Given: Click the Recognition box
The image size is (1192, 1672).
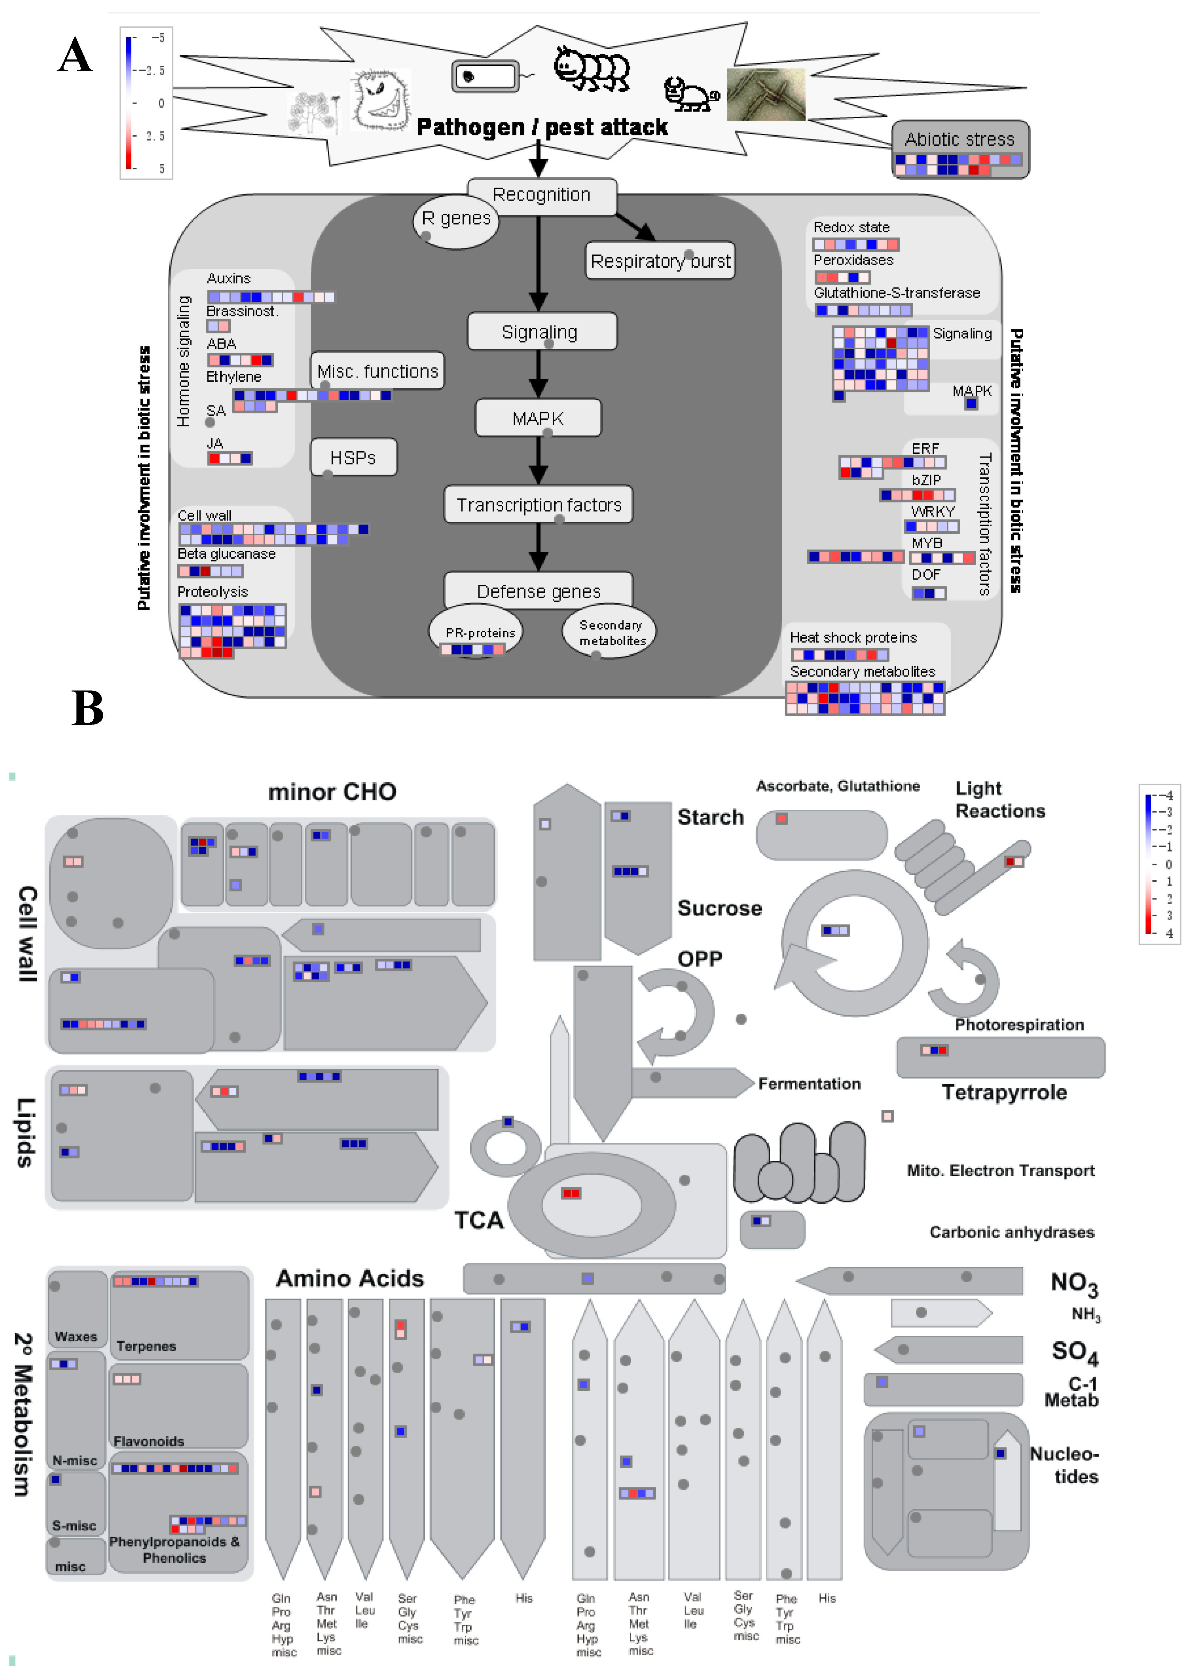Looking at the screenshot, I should click(x=542, y=195).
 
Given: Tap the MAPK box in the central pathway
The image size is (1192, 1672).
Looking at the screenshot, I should click(x=538, y=419).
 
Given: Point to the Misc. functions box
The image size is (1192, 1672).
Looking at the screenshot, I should click(x=377, y=372).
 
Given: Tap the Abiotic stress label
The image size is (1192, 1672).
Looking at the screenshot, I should click(x=959, y=139).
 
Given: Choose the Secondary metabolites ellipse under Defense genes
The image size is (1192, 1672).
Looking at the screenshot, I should click(x=609, y=631).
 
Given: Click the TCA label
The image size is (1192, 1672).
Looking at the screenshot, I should click(x=479, y=1220).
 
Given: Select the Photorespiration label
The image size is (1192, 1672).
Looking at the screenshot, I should click(x=1019, y=1025).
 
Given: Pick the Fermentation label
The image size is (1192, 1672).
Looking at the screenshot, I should click(x=809, y=1084).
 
